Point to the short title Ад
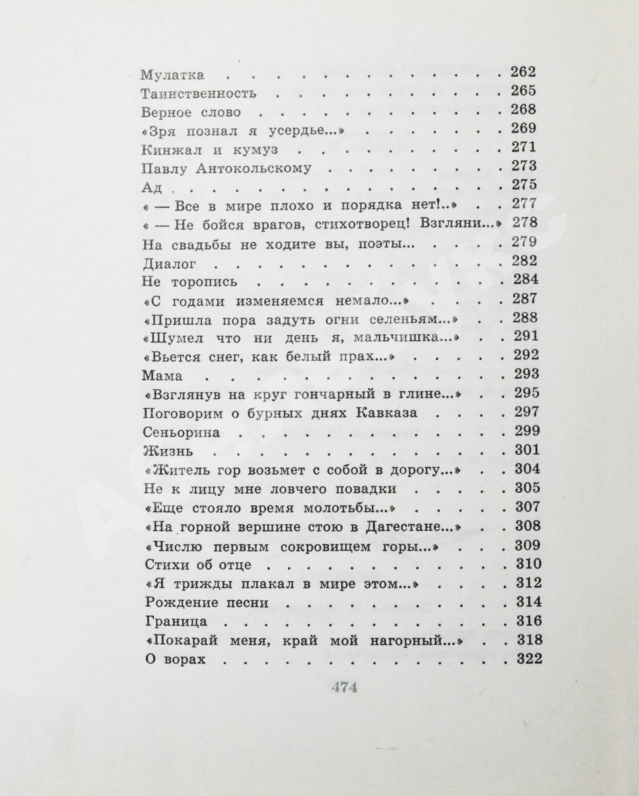[x=152, y=188]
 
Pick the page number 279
[x=524, y=242]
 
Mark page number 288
[x=525, y=317]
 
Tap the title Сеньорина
[x=181, y=432]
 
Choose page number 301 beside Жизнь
[x=528, y=450]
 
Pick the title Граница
[x=176, y=621]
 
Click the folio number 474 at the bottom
[x=344, y=687]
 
